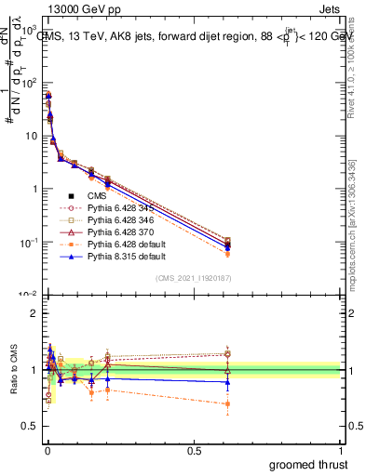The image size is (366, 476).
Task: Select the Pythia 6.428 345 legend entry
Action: [x=109, y=208]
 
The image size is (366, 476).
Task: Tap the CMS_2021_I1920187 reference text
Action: [x=192, y=279]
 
